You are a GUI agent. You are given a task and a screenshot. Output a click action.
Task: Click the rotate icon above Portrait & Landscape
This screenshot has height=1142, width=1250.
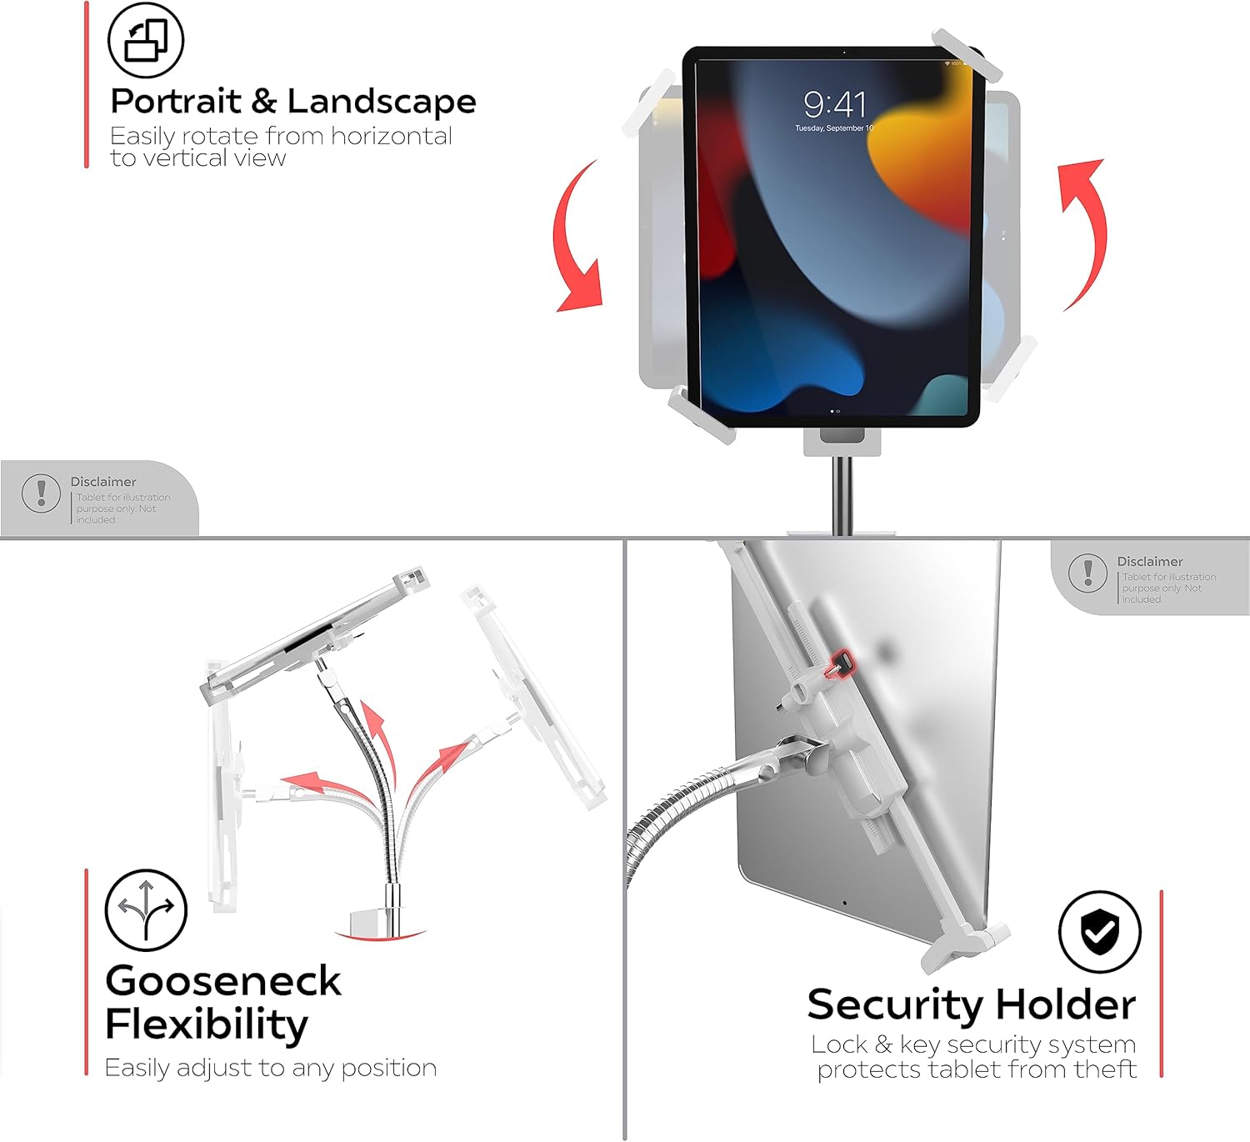pos(146,40)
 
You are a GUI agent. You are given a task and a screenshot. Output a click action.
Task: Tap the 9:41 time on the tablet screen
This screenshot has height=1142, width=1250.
pos(834,104)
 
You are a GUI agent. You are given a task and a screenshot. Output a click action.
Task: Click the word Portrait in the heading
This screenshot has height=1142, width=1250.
pos(176,101)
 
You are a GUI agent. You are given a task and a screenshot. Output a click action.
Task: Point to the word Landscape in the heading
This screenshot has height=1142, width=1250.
pos(382,103)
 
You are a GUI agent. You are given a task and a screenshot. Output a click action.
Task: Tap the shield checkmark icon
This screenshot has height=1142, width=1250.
pos(1100,932)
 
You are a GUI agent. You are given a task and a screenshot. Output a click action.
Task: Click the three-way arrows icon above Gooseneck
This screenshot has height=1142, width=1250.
pos(146,909)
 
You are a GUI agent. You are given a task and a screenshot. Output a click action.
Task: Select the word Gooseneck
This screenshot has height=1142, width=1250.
pos(223,980)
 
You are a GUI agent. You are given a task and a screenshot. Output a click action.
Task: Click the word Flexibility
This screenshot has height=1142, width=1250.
pos(207,1024)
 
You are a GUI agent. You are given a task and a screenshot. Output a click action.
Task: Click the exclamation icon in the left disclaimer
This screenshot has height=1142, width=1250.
pos(41,493)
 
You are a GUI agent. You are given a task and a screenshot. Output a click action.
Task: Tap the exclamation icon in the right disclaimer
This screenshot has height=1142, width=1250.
pos(1088,572)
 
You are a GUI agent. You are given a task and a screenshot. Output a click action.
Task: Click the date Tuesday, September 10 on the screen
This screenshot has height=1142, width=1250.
pos(834,128)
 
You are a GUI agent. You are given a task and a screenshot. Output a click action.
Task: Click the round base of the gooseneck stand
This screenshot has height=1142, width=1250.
pos(380,928)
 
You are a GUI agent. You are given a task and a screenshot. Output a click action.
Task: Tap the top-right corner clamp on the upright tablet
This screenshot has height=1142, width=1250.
pos(967,56)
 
